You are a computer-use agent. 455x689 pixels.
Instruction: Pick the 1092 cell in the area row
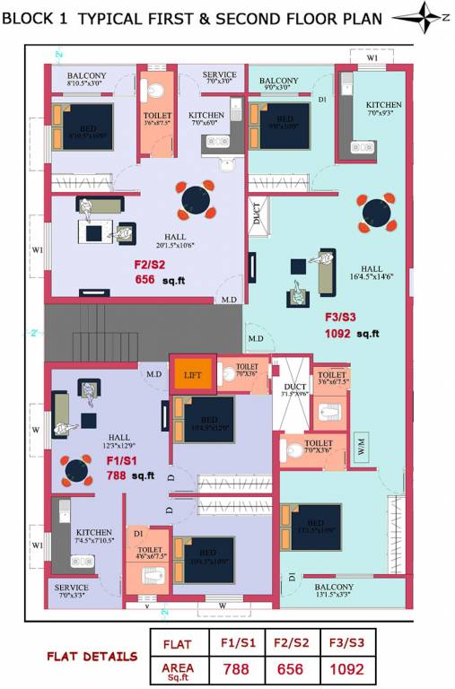tap(346, 669)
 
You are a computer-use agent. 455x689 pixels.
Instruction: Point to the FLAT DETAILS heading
tap(92, 657)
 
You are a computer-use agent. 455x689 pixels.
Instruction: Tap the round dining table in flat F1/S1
tap(75, 470)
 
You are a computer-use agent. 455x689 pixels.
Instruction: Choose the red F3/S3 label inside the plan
tap(340, 317)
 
